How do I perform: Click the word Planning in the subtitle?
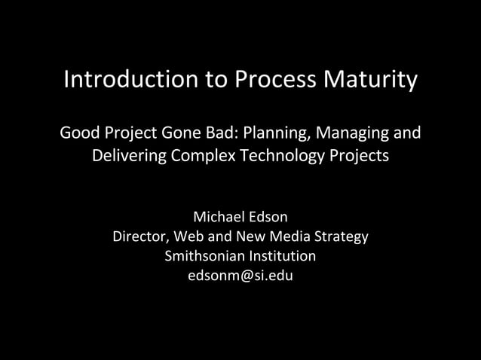283,136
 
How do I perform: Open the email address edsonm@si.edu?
240,276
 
